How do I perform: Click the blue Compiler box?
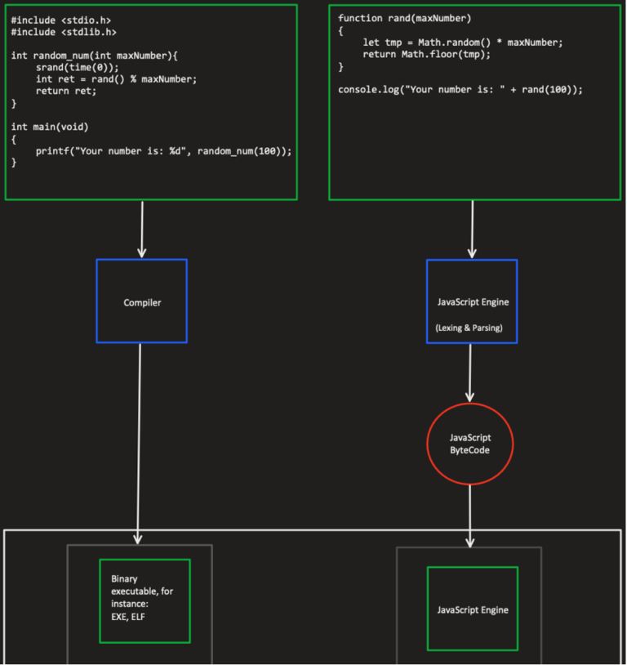tap(141, 301)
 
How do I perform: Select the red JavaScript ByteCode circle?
tap(469, 444)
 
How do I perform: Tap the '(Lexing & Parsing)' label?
tap(469, 328)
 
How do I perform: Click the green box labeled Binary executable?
tap(145, 600)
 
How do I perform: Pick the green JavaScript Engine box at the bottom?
tap(472, 609)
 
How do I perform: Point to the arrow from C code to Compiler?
tap(142, 230)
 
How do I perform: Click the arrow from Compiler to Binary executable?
tap(139, 441)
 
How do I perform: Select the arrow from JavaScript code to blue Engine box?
tap(472, 230)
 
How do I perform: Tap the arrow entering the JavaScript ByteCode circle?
tap(470, 373)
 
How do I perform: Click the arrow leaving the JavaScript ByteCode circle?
tap(470, 515)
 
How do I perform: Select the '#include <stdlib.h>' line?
tap(64, 32)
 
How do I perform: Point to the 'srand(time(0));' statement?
tap(78, 67)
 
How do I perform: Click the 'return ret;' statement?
tap(66, 91)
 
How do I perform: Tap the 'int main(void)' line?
tap(50, 127)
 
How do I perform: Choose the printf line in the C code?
tap(163, 151)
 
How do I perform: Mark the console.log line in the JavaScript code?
tap(460, 89)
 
